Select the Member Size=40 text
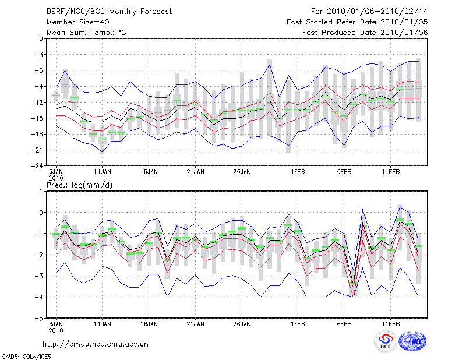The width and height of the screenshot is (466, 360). (76, 22)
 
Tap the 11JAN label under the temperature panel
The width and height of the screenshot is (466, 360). (103, 172)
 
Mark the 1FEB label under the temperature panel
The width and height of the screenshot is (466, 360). (298, 172)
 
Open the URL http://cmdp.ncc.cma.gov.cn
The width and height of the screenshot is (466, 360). (96, 344)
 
